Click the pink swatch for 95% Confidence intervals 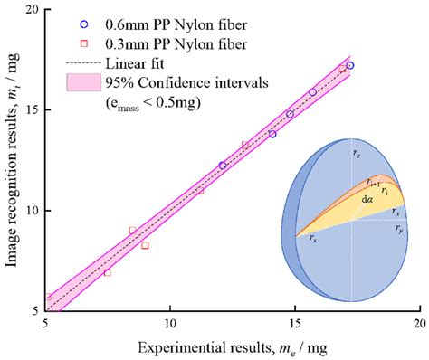point(84,84)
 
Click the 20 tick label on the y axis point(33,9)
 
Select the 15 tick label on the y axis point(33,109)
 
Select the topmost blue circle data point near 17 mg point(350,65)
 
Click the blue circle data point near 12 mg point(223,166)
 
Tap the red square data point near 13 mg point(245,145)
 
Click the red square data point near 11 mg point(200,190)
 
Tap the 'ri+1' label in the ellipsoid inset point(370,181)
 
